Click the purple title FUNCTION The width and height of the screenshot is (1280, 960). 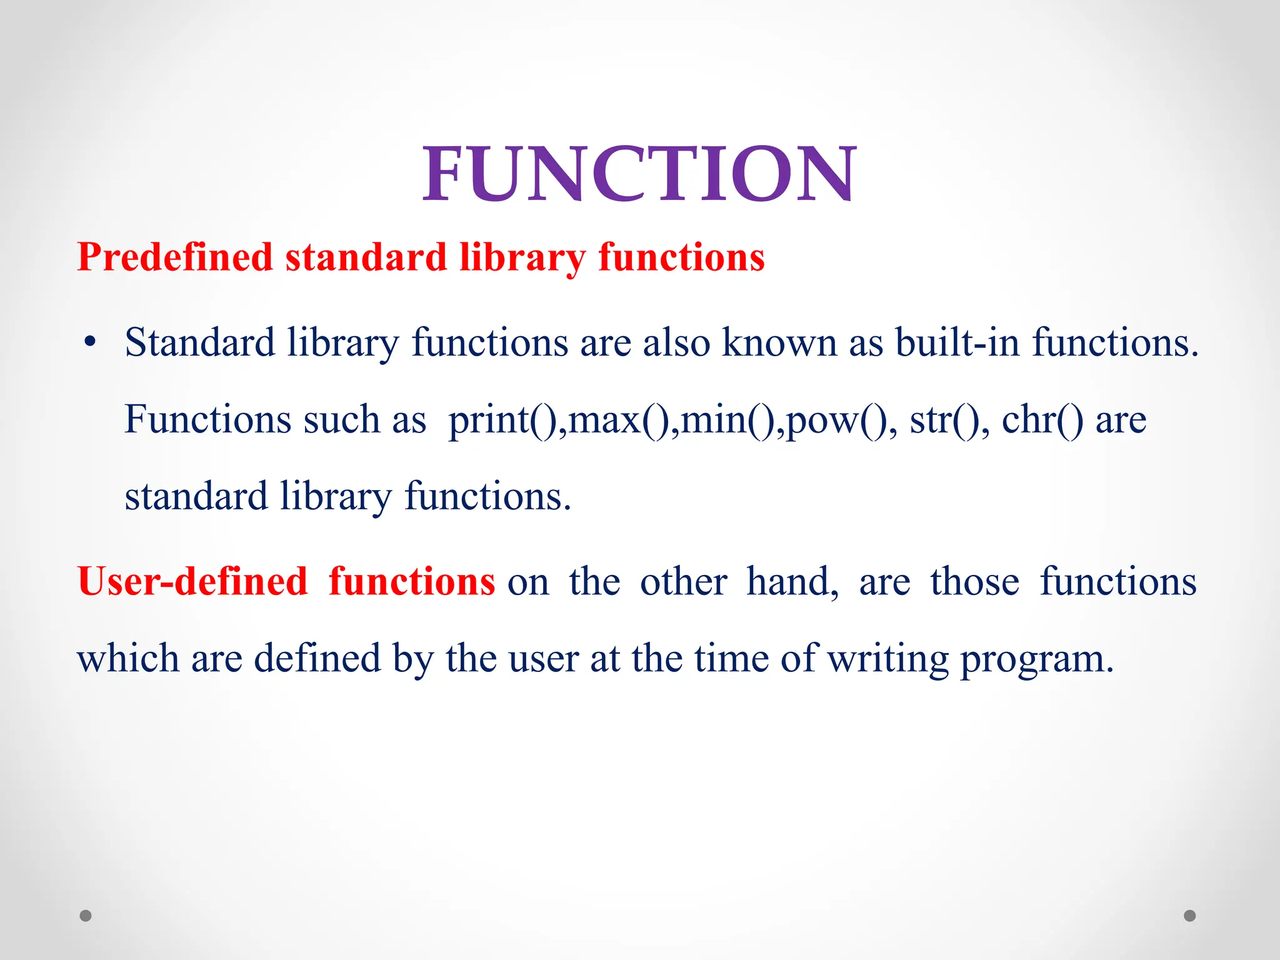point(639,173)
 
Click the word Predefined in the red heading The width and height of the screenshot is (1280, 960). point(175,257)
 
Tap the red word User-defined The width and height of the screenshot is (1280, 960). point(192,581)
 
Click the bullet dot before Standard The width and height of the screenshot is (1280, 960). point(91,342)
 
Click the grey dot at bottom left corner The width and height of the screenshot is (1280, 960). point(86,916)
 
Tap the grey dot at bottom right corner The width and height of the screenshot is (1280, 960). point(1190,916)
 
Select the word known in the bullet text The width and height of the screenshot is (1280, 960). point(779,342)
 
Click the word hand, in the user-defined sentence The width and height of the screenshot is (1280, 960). point(792,581)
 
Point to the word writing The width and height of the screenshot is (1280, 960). point(888,659)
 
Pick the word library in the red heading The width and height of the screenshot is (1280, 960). point(522,257)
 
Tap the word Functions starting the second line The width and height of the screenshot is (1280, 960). point(207,419)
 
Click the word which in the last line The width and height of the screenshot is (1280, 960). point(128,659)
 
